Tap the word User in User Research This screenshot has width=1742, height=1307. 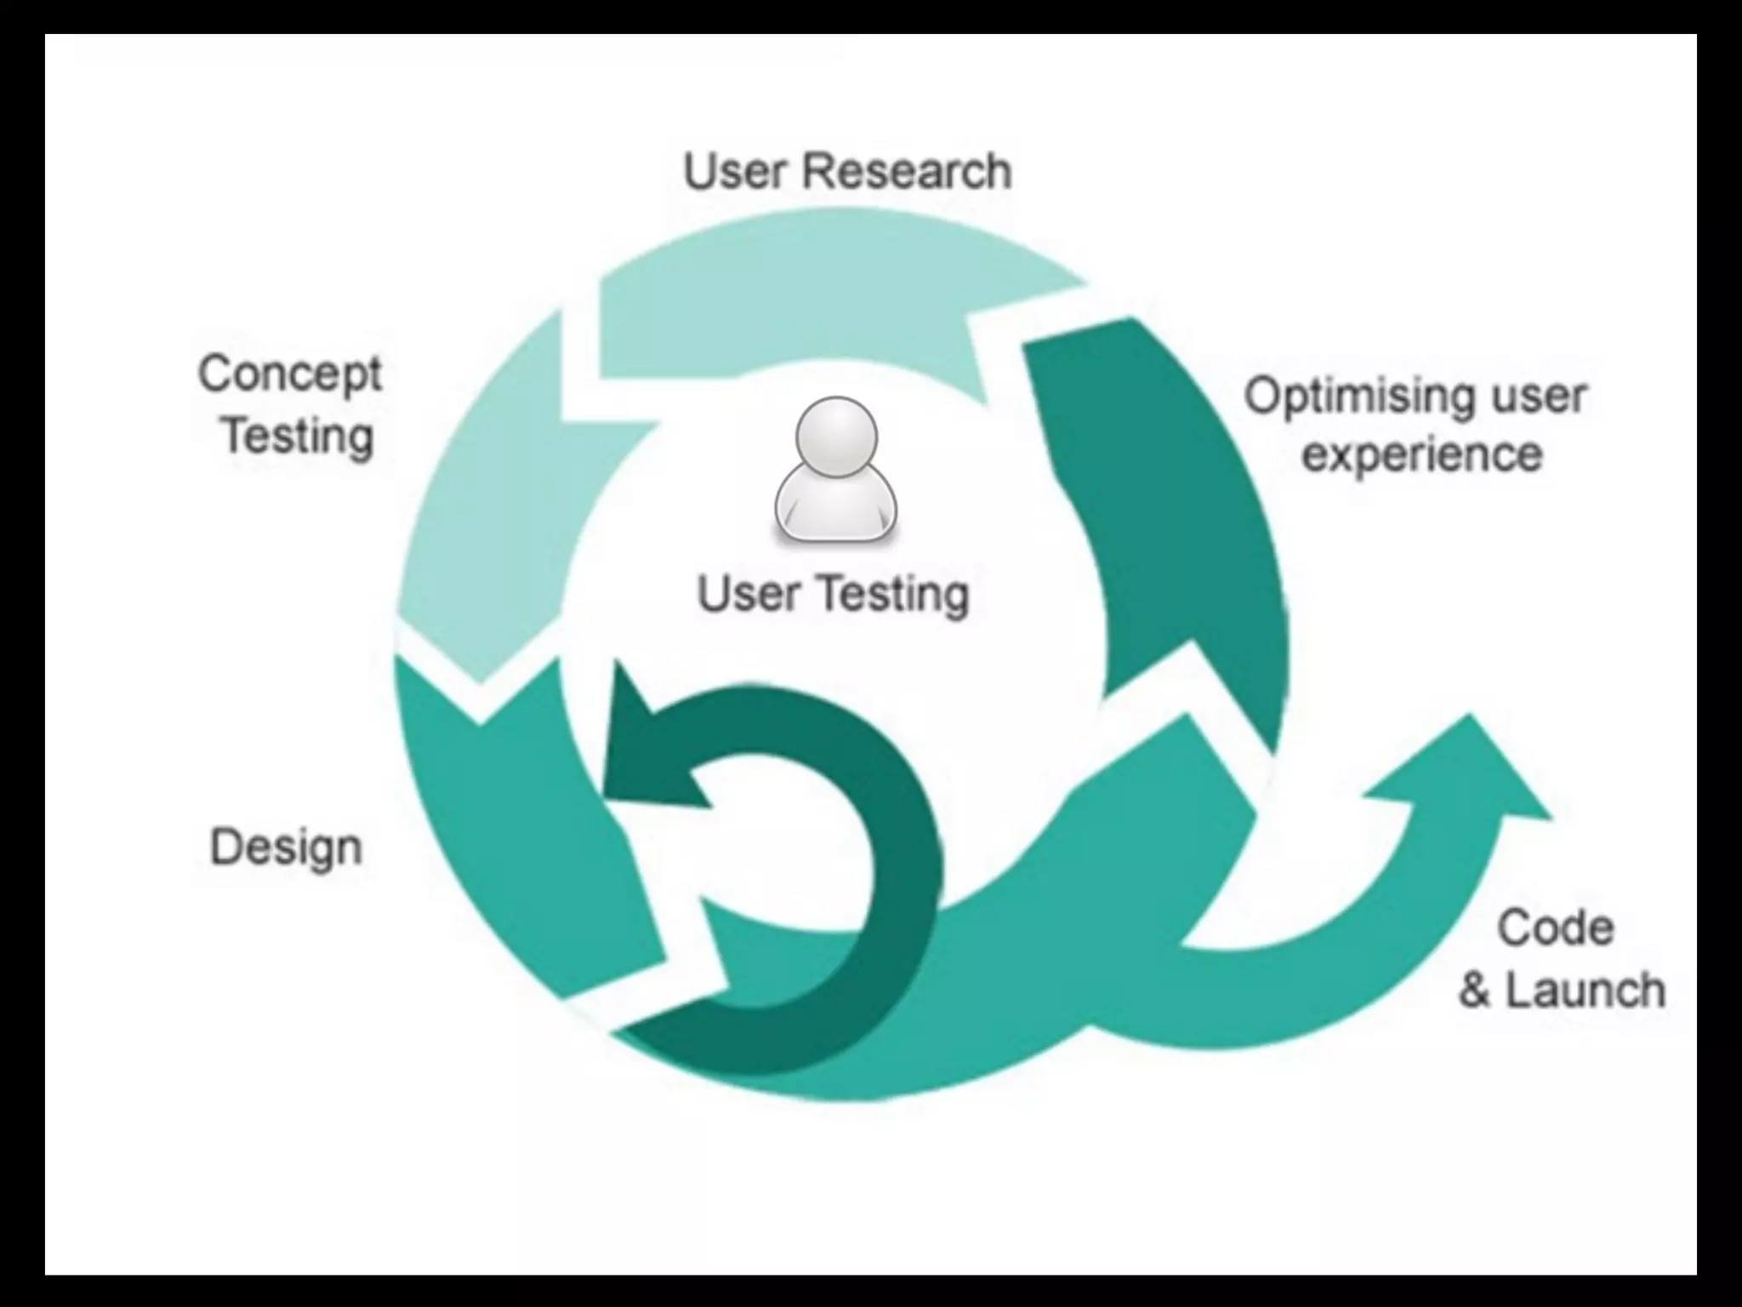[x=733, y=171]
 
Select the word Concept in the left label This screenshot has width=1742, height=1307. [x=290, y=374]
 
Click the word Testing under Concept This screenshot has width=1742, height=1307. [x=298, y=436]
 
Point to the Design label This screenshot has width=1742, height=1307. [x=286, y=848]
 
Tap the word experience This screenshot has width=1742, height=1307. [x=1422, y=454]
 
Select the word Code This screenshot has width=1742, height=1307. [x=1555, y=927]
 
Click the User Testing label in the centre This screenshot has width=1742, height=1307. [x=833, y=593]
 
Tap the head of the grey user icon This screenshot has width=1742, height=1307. [x=835, y=437]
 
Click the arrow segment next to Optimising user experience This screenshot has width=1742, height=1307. [x=1174, y=511]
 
